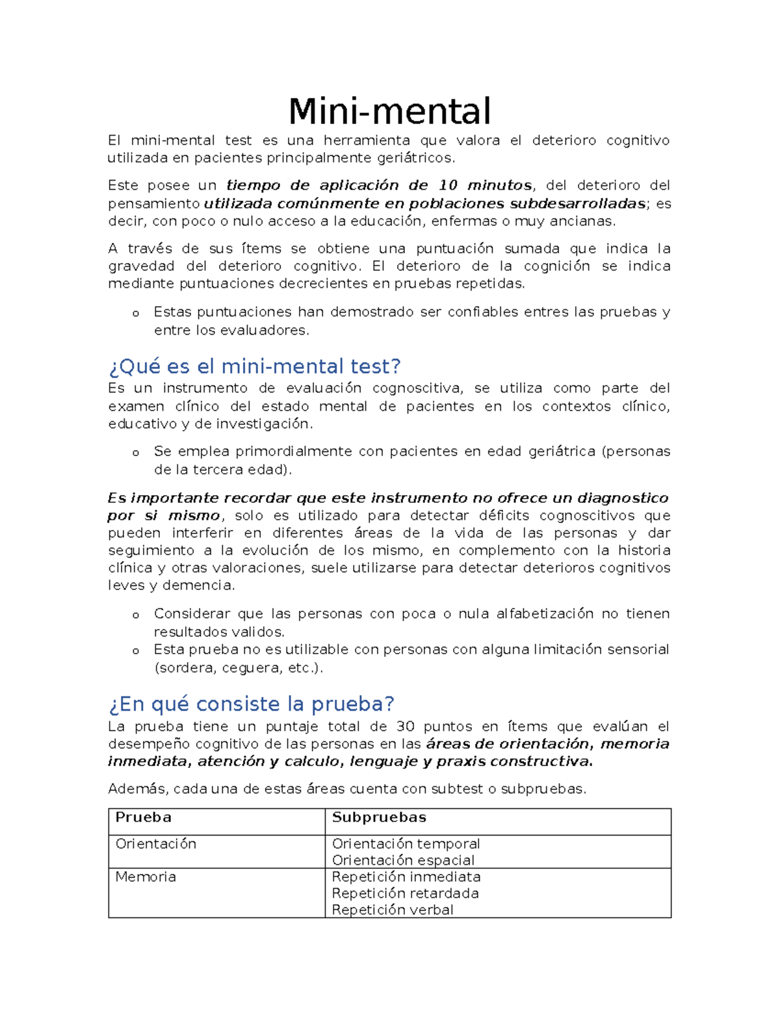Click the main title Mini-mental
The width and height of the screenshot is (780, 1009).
pyautogui.click(x=389, y=111)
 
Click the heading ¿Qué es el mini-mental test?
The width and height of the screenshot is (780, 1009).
pyautogui.click(x=254, y=366)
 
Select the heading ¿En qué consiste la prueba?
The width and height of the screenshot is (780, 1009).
pyautogui.click(x=252, y=704)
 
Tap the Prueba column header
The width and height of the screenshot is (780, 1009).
pyautogui.click(x=143, y=817)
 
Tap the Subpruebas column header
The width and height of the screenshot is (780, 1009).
pyautogui.click(x=379, y=817)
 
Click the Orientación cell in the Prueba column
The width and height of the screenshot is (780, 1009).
pyautogui.click(x=155, y=843)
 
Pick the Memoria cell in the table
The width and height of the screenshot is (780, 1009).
pyautogui.click(x=146, y=876)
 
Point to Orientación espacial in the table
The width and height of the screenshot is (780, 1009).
pyautogui.click(x=403, y=860)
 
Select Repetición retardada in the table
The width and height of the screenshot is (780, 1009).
pyautogui.click(x=405, y=893)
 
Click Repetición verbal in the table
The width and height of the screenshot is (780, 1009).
pyautogui.click(x=392, y=910)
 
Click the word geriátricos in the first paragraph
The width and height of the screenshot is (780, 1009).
pyautogui.click(x=416, y=158)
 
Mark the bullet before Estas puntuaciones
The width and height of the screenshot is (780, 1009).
pyautogui.click(x=135, y=314)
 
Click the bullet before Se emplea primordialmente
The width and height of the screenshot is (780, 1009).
pyautogui.click(x=135, y=453)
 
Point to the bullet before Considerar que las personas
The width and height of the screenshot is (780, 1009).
pyautogui.click(x=135, y=615)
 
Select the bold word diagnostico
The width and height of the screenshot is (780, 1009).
pyautogui.click(x=623, y=498)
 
